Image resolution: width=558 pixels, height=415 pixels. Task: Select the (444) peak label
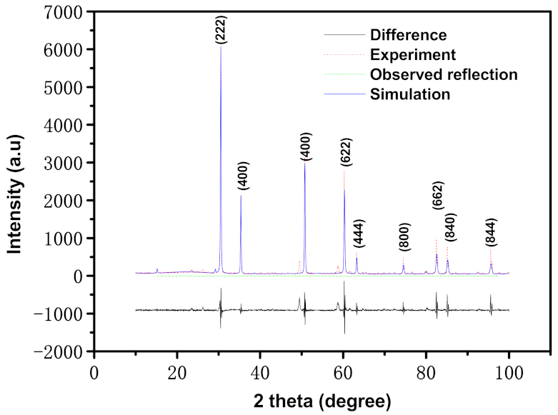[x=359, y=233]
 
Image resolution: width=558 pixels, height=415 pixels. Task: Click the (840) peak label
[x=451, y=227]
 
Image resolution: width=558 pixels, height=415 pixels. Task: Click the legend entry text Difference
[x=408, y=34]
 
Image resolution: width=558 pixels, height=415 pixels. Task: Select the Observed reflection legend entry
[x=444, y=74]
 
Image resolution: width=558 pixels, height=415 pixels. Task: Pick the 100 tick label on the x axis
[x=509, y=371]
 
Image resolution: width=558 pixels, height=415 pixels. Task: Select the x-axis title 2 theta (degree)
[x=322, y=400]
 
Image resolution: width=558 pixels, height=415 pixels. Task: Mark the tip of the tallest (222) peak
[x=221, y=47]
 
